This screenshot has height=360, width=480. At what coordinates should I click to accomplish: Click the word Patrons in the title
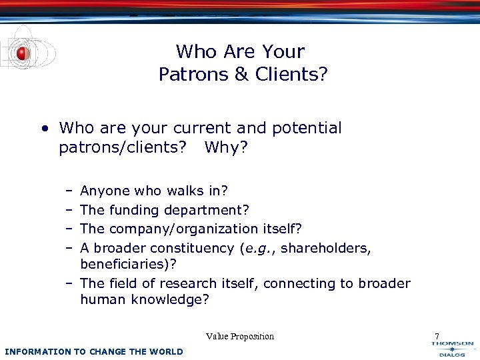point(193,74)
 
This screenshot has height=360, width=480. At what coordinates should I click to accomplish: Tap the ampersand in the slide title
point(242,74)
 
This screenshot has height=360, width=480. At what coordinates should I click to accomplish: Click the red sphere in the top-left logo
point(22,53)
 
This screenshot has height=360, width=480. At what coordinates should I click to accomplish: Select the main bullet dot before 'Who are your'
point(45,128)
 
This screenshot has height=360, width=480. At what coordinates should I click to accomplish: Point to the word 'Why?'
point(226,147)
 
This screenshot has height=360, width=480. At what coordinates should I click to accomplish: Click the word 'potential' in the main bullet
point(309,127)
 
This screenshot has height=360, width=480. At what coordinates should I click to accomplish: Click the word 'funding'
point(133,211)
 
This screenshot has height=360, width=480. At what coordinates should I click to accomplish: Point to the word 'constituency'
point(191,249)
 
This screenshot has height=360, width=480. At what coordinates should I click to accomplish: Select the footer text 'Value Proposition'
point(240,336)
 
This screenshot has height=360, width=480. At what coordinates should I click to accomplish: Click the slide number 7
point(437,336)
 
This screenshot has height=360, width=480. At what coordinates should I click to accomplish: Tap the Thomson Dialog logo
point(453,349)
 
